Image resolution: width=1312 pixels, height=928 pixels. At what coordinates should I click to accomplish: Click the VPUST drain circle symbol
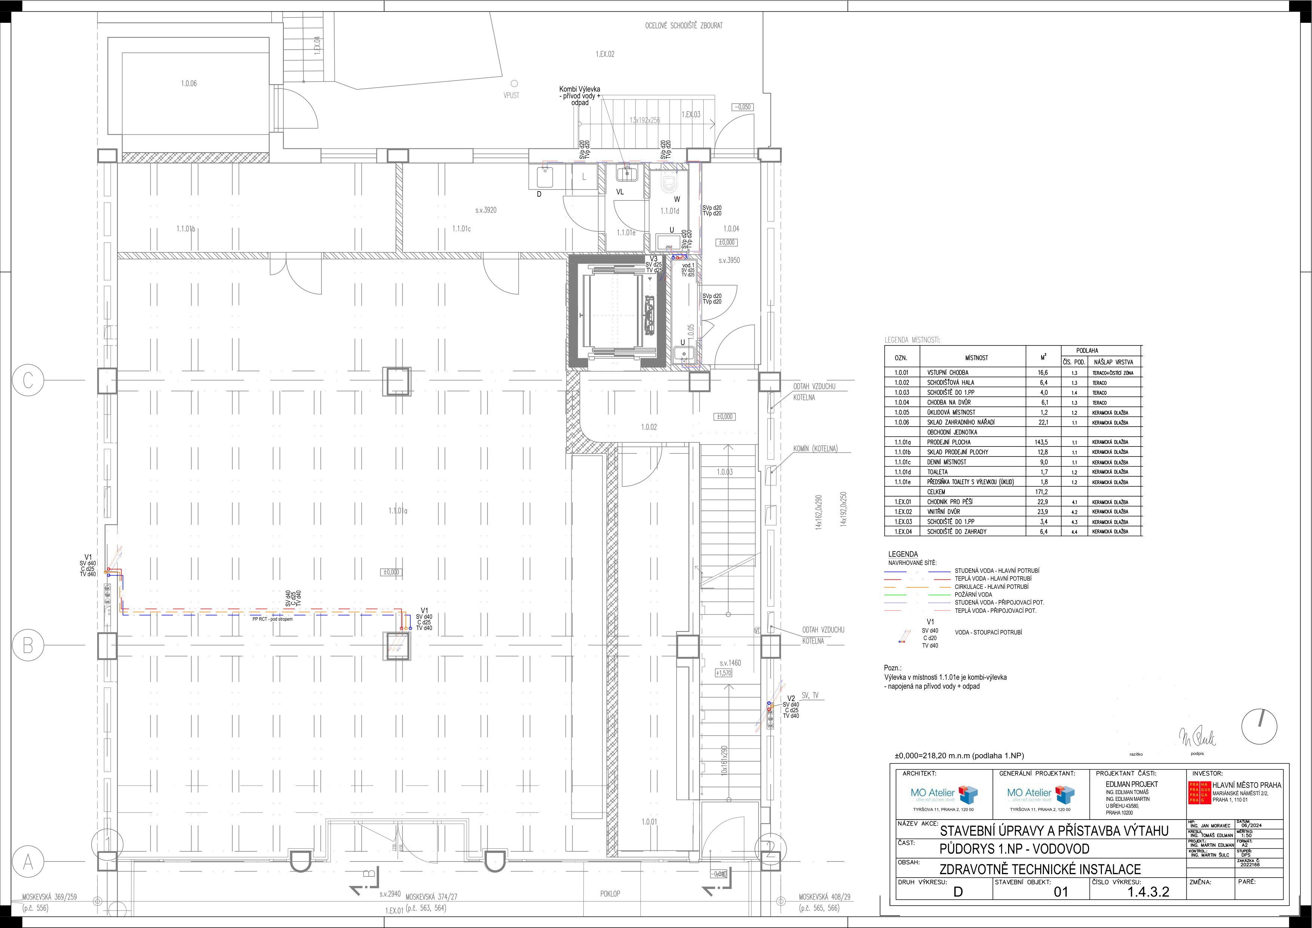514,84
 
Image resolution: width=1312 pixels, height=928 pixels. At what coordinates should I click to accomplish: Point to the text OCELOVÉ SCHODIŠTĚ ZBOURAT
683,26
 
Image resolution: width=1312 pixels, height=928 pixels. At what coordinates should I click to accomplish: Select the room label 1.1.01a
398,510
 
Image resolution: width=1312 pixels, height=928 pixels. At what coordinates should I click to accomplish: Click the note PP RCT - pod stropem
273,619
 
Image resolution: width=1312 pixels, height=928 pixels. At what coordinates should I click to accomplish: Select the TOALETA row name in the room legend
937,472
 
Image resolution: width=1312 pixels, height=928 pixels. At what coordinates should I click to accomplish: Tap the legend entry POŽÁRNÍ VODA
973,594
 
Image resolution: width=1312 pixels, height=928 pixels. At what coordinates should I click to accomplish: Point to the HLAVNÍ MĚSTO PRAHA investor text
1246,785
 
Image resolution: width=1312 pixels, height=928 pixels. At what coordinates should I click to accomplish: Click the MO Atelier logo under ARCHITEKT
943,794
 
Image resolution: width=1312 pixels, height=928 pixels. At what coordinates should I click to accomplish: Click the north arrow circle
1259,727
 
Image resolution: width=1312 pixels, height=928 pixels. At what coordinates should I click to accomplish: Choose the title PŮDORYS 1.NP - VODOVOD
1014,849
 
